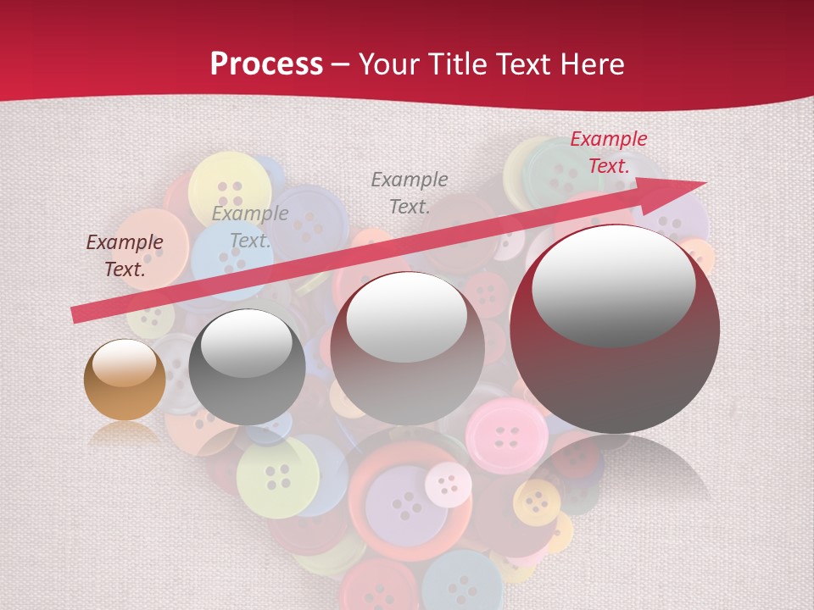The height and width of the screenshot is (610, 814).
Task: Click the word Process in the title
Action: (266, 64)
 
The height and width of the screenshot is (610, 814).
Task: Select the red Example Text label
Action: (609, 152)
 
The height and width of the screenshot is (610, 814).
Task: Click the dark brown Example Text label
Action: (125, 256)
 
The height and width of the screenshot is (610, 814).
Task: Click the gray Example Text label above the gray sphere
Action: (250, 227)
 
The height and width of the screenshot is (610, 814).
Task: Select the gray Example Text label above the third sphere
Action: (410, 192)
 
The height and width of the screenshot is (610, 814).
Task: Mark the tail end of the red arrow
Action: (76, 314)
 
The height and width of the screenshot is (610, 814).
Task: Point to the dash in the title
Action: (341, 65)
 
